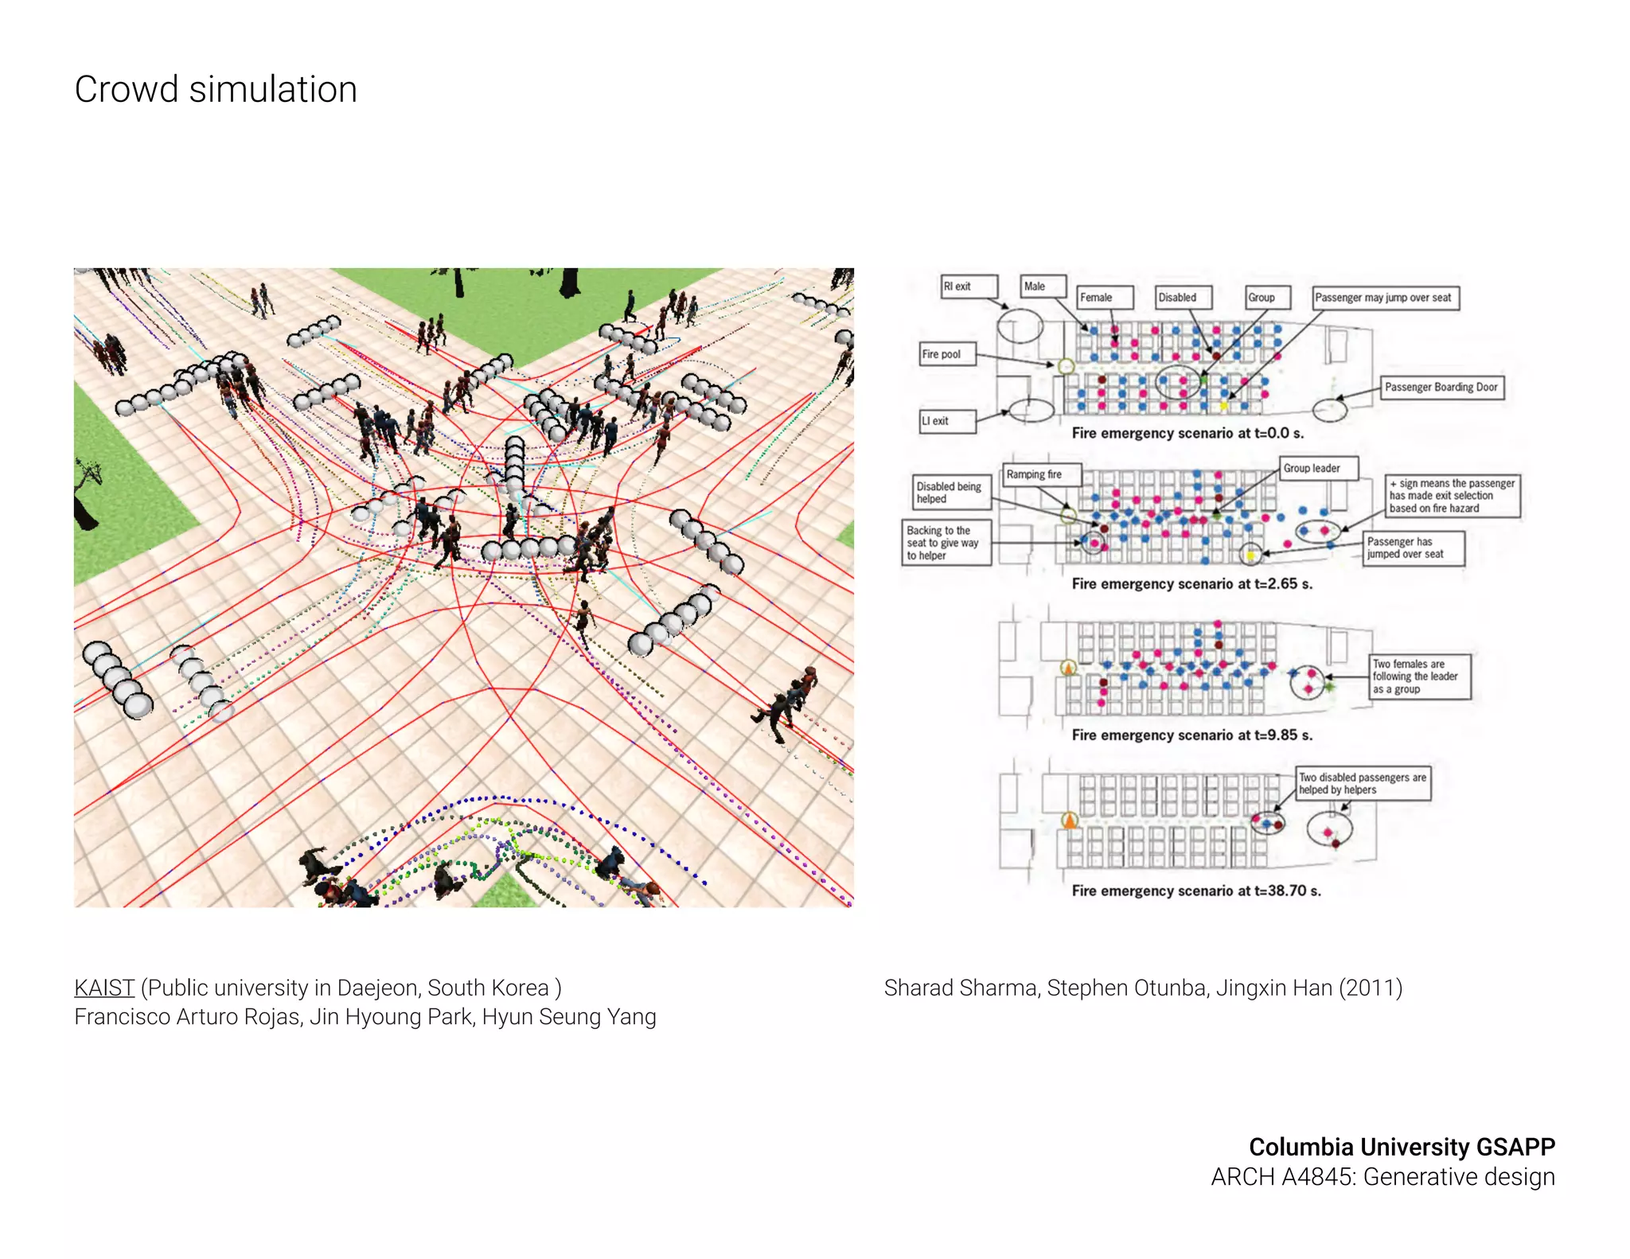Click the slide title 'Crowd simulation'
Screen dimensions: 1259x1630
coord(216,89)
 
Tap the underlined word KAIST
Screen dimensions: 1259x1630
coord(104,988)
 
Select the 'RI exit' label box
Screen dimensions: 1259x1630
coord(969,286)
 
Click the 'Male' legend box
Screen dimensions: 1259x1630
coord(1043,286)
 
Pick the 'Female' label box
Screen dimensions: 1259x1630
coord(1104,298)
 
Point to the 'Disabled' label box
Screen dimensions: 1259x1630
coord(1184,298)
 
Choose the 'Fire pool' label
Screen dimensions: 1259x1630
coord(947,354)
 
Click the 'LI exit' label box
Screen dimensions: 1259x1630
coord(947,421)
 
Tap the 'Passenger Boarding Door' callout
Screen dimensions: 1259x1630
coord(1441,388)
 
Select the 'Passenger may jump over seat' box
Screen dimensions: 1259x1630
coord(1385,298)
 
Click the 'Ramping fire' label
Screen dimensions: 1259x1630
coord(1042,474)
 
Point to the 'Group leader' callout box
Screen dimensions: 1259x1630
coord(1317,469)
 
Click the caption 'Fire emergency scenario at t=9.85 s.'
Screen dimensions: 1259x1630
coord(1191,735)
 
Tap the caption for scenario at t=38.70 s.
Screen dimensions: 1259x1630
coord(1195,891)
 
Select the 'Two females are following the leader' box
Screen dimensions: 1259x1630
coord(1419,676)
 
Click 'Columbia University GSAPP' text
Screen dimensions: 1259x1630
coord(1402,1147)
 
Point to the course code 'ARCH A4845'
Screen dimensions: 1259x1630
coord(1283,1177)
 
